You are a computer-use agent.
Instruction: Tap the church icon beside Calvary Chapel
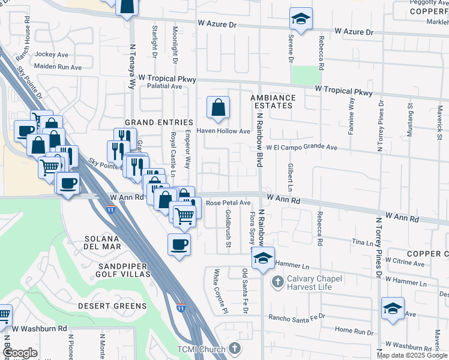click(278, 281)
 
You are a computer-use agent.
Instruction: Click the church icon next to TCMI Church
click(235, 349)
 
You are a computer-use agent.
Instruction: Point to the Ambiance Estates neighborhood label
click(273, 101)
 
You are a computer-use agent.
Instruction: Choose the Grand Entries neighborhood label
click(159, 122)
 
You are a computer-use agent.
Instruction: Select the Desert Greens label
click(112, 306)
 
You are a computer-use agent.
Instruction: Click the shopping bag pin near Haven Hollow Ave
click(218, 108)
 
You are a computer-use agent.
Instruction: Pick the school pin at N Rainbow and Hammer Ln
click(263, 259)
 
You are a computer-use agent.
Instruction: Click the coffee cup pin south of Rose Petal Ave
click(179, 245)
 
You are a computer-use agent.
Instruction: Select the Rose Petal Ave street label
click(228, 203)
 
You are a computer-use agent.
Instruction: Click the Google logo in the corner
click(20, 353)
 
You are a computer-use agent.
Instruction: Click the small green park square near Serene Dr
click(306, 75)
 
